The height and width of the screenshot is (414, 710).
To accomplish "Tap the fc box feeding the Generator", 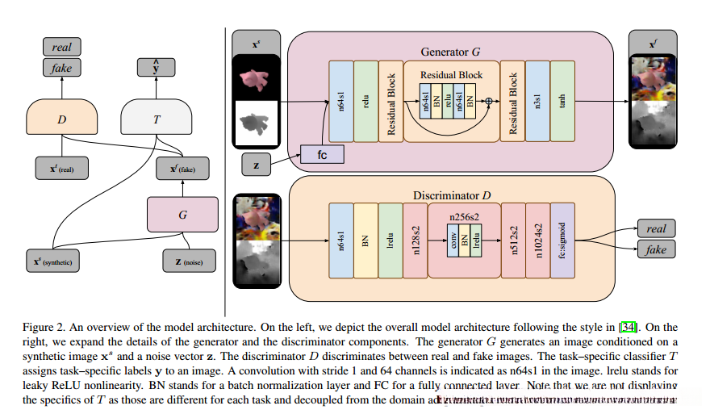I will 322,154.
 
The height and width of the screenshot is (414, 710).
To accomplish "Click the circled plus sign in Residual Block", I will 487,102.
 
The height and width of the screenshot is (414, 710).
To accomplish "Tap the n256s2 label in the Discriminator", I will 463,216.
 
